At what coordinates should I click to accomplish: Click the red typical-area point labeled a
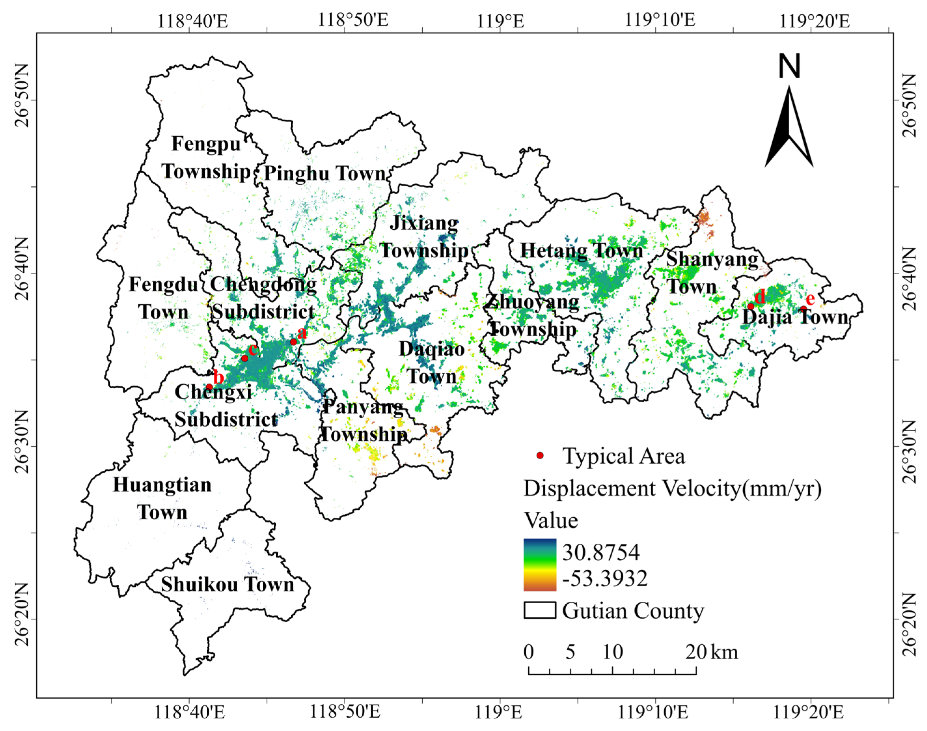[293, 342]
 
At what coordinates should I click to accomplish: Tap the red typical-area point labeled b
[209, 387]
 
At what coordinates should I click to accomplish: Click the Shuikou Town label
[228, 585]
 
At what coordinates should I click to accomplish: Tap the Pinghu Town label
[325, 173]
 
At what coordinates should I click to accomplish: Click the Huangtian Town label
[162, 499]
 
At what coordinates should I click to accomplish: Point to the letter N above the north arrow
[789, 67]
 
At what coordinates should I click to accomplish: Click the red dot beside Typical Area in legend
[540, 455]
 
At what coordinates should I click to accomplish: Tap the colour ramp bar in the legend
[540, 565]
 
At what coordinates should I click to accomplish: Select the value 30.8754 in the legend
[601, 552]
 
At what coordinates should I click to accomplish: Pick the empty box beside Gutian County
[540, 610]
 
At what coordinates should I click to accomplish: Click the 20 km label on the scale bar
[711, 652]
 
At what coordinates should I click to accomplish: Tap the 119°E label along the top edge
[500, 21]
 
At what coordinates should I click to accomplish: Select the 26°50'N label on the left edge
[21, 100]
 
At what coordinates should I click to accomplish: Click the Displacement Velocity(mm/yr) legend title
[672, 488]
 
